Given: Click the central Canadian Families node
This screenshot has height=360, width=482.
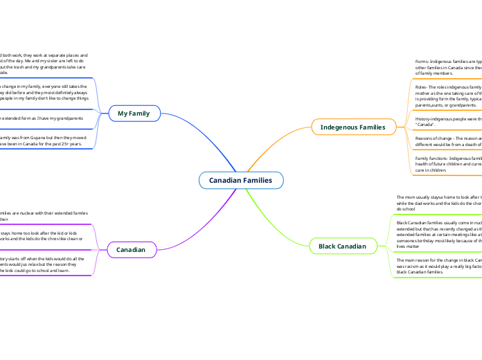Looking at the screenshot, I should (241, 181).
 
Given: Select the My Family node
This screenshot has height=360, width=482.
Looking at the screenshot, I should (134, 113).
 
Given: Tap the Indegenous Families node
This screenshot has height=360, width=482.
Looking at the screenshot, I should (352, 127).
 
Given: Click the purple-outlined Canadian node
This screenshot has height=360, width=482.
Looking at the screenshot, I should (131, 249).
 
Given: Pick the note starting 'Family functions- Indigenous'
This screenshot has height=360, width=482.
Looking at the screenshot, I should (443, 164).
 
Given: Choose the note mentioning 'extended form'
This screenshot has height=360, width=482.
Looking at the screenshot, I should (42, 118).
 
